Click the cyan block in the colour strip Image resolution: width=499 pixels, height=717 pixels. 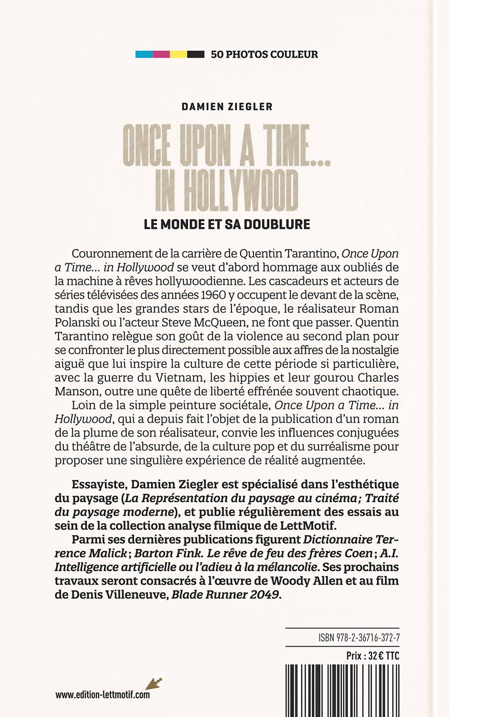pyautogui.click(x=144, y=54)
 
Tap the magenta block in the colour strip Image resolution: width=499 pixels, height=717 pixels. pyautogui.click(x=161, y=54)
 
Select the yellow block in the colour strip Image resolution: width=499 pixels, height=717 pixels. pyautogui.click(x=179, y=54)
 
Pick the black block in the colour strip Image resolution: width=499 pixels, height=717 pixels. pyautogui.click(x=196, y=54)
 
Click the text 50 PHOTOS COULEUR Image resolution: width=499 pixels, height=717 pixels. pyautogui.click(x=264, y=54)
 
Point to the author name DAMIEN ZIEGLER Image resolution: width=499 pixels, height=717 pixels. pyautogui.click(x=227, y=107)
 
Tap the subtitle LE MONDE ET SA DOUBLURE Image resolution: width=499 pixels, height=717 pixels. pyautogui.click(x=227, y=224)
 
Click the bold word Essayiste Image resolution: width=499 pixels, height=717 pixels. pyautogui.click(x=99, y=484)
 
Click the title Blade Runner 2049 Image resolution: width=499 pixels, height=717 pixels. pyautogui.click(x=226, y=594)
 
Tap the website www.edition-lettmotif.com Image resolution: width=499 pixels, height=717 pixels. pyautogui.click(x=102, y=695)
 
